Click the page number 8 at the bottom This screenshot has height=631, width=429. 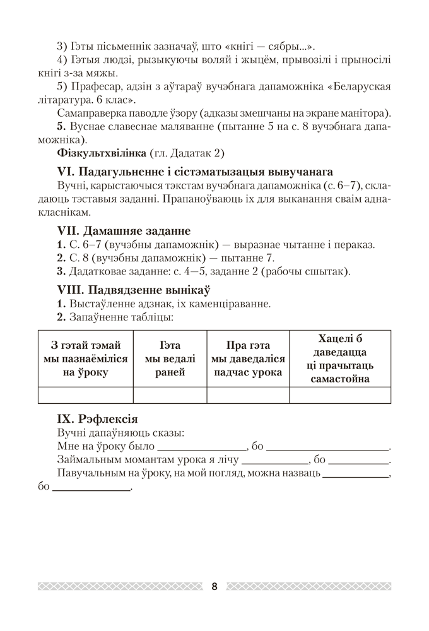214,586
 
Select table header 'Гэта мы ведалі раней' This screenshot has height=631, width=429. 170,358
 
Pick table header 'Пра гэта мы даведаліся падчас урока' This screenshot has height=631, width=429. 248,358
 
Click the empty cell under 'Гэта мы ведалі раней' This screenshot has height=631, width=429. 170,395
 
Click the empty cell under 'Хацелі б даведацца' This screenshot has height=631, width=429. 340,395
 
